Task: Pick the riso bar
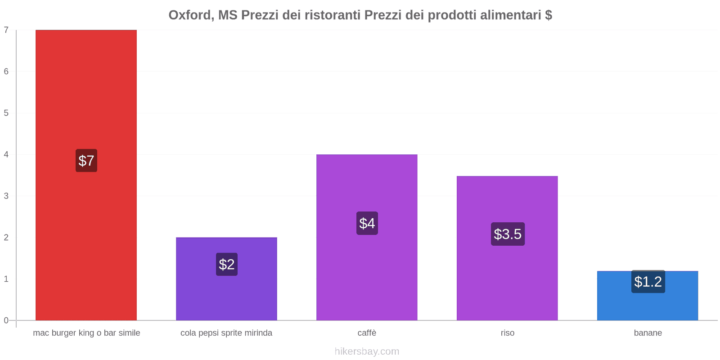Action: click(x=507, y=279)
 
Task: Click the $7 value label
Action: click(x=86, y=161)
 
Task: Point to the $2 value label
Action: click(x=227, y=264)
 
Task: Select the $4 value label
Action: click(x=367, y=223)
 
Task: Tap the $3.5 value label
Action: click(x=508, y=234)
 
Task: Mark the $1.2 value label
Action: click(x=648, y=282)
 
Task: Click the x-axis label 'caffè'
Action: click(x=367, y=333)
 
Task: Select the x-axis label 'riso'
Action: click(x=507, y=333)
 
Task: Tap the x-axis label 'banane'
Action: click(x=648, y=333)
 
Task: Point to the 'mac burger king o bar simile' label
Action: click(x=86, y=333)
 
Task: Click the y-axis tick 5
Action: click(x=6, y=113)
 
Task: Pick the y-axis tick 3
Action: click(x=6, y=196)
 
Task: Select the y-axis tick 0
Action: click(x=6, y=320)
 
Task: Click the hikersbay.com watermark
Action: click(x=367, y=351)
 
